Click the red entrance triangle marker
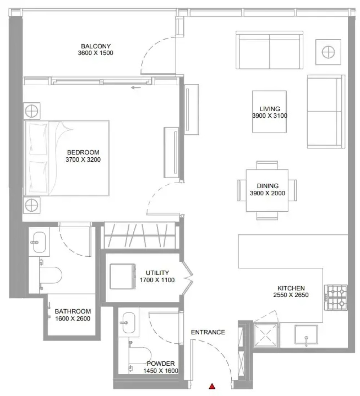pyautogui.click(x=212, y=386)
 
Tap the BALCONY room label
pyautogui.click(x=96, y=46)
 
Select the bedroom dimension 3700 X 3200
pyautogui.click(x=83, y=159)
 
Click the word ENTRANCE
pyautogui.click(x=208, y=332)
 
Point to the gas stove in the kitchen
pyautogui.click(x=336, y=297)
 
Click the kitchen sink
pyautogui.click(x=306, y=335)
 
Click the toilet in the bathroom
pyautogui.click(x=50, y=275)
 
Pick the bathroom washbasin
pyautogui.click(x=39, y=242)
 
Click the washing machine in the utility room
pyautogui.click(x=123, y=276)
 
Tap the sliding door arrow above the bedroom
pyautogui.click(x=136, y=87)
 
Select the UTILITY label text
pyautogui.click(x=157, y=273)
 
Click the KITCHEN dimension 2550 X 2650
pyautogui.click(x=291, y=295)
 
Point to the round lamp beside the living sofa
pyautogui.click(x=328, y=52)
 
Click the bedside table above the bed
pyautogui.click(x=32, y=111)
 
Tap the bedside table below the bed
pyautogui.click(x=32, y=205)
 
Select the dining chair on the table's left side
pyautogui.click(x=242, y=190)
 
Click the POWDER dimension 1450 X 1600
pyautogui.click(x=161, y=371)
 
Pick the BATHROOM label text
pyautogui.click(x=73, y=311)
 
